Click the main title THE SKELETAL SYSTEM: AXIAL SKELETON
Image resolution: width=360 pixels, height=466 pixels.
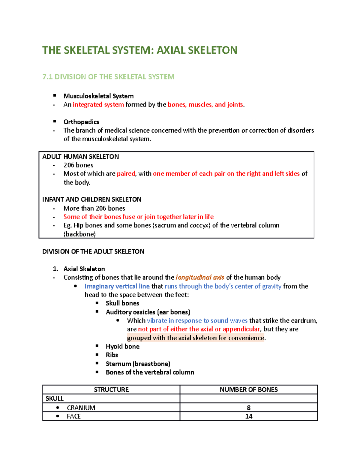140,50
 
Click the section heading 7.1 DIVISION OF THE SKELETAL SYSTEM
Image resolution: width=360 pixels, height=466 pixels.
108,77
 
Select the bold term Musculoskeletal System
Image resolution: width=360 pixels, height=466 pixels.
98,96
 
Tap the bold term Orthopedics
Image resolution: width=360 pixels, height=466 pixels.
81,122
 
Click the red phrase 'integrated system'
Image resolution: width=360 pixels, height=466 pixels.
98,105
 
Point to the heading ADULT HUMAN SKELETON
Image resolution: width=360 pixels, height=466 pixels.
80,157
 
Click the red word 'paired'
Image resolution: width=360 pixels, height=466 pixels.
126,174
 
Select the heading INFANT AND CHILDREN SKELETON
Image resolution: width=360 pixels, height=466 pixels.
91,200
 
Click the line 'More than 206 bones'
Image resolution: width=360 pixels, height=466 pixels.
94,208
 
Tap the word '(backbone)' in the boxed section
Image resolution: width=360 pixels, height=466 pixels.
79,234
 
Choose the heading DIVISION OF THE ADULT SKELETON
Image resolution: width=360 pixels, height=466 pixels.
93,251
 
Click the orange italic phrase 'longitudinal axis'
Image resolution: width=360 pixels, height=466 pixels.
200,278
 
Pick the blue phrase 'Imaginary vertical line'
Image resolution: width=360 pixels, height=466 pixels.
117,286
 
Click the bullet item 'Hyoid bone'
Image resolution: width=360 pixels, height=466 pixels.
122,347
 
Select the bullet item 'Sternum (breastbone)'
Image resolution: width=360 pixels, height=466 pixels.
138,364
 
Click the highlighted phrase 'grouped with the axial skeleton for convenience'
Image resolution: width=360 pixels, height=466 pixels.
196,338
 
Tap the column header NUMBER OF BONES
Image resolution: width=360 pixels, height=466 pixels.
248,389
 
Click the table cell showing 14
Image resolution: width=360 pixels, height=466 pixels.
248,416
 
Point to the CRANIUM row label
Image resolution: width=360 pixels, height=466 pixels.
81,408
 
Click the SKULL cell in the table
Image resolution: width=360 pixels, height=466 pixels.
55,398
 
